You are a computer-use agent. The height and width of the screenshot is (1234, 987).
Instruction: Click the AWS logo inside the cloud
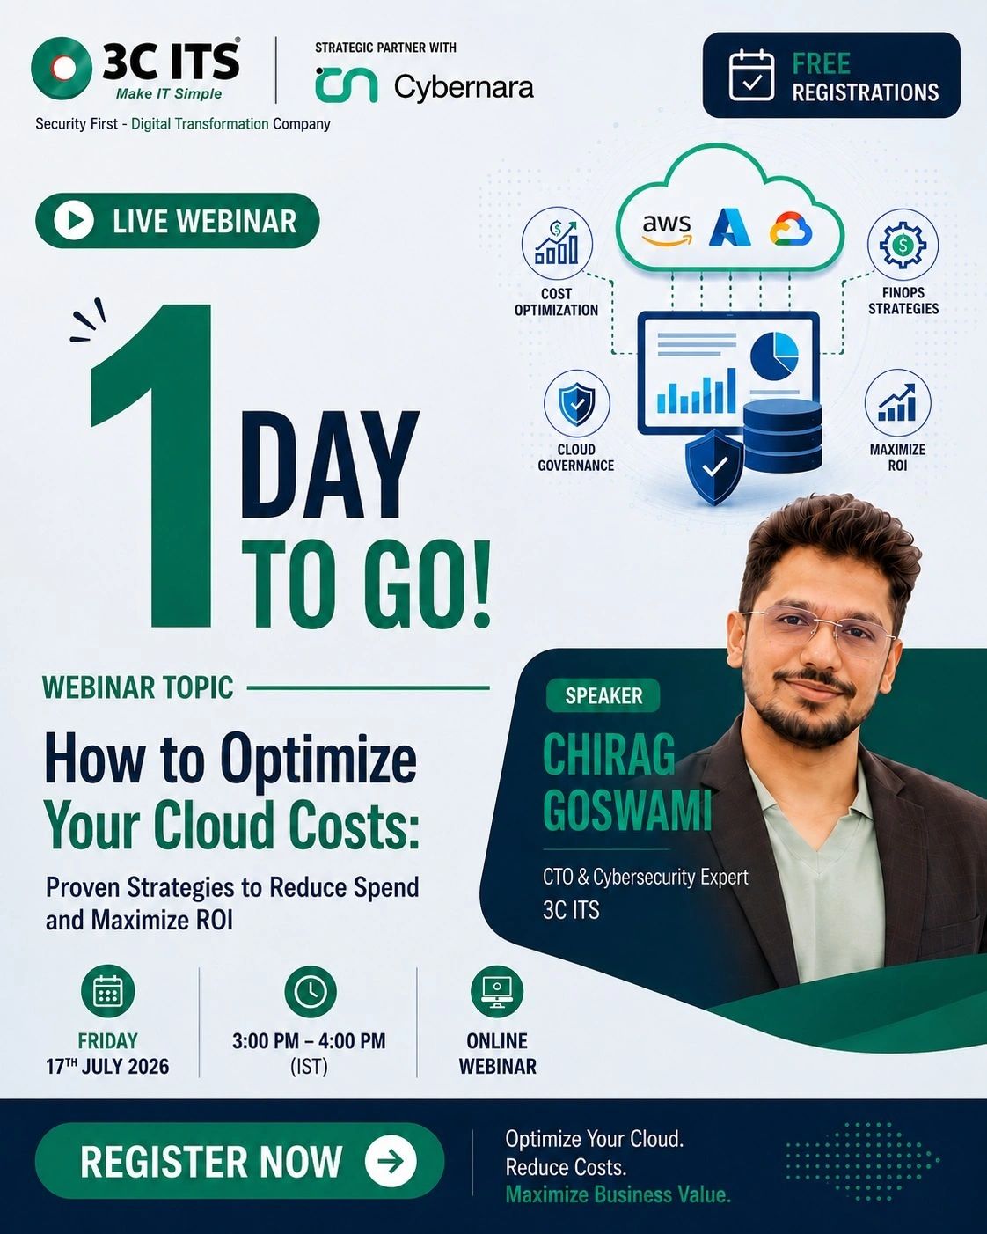click(667, 230)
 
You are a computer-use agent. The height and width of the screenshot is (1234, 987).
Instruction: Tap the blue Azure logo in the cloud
click(729, 228)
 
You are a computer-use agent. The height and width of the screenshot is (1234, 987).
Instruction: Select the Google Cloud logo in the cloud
click(791, 229)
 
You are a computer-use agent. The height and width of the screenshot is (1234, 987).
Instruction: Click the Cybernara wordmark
click(464, 87)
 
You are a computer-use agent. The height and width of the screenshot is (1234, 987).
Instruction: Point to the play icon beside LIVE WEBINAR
click(73, 220)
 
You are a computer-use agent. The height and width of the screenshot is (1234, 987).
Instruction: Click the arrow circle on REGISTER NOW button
click(391, 1161)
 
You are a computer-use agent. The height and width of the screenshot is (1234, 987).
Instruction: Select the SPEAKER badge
click(603, 695)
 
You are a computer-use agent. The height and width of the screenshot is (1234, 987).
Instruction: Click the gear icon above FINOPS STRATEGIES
click(903, 245)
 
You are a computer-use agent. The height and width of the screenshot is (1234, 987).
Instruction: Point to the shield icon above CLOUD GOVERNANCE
click(576, 404)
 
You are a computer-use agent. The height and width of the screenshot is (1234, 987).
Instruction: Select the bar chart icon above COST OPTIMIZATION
click(557, 243)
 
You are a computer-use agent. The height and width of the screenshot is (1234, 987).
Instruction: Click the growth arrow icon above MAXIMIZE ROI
click(897, 402)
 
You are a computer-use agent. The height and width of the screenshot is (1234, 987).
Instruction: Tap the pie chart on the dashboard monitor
click(774, 356)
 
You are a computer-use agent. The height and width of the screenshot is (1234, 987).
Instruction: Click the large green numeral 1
click(152, 465)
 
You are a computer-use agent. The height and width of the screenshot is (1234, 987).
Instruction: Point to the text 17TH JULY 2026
click(107, 1066)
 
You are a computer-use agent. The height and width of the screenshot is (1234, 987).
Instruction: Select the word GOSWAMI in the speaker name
click(627, 810)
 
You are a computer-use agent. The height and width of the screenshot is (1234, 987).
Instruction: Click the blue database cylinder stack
click(782, 436)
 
